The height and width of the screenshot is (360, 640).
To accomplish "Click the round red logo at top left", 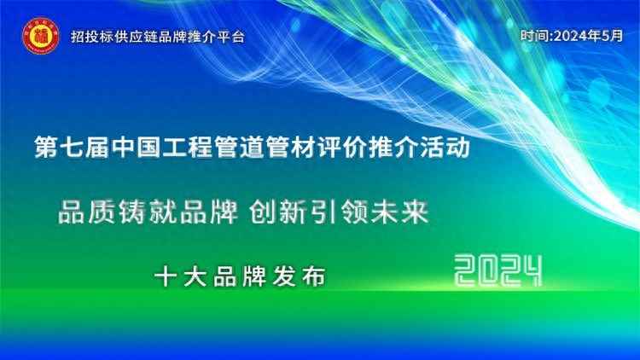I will [38, 36].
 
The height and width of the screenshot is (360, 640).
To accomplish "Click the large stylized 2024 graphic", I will [498, 271].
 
